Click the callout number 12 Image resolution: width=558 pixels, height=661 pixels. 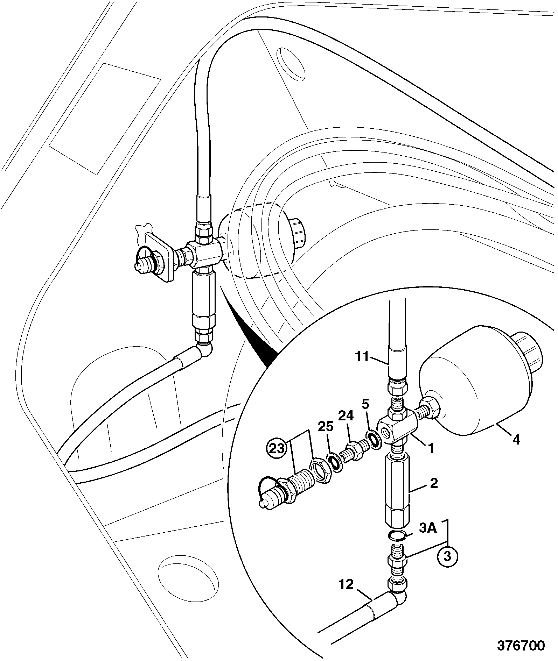pyautogui.click(x=346, y=594)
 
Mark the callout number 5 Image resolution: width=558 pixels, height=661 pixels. pyautogui.click(x=365, y=405)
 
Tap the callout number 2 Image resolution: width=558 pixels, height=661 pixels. pyautogui.click(x=433, y=484)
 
